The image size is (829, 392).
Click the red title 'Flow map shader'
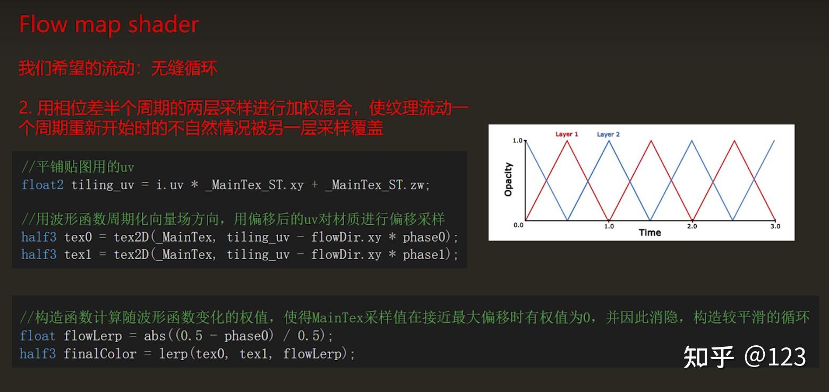pyautogui.click(x=109, y=25)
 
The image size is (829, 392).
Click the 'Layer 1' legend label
pyautogui.click(x=567, y=134)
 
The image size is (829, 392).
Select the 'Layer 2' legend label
pyautogui.click(x=608, y=134)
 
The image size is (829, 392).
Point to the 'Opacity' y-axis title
pyautogui.click(x=508, y=180)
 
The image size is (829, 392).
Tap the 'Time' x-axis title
pyautogui.click(x=649, y=233)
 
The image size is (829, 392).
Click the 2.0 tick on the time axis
pyautogui.click(x=691, y=226)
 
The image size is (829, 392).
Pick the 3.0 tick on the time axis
pyautogui.click(x=775, y=226)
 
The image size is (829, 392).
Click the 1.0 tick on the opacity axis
pyautogui.click(x=518, y=140)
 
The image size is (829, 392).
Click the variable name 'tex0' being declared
pyautogui.click(x=78, y=237)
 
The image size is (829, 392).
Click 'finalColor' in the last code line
pyautogui.click(x=100, y=354)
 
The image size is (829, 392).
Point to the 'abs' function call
pyautogui.click(x=153, y=336)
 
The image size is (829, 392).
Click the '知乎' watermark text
pyautogui.click(x=708, y=356)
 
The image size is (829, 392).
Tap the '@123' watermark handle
pyautogui.click(x=775, y=356)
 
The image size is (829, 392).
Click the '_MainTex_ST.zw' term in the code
pyautogui.click(x=376, y=185)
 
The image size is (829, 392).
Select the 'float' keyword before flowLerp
pyautogui.click(x=37, y=336)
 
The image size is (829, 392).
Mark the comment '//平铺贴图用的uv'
pyautogui.click(x=78, y=167)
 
